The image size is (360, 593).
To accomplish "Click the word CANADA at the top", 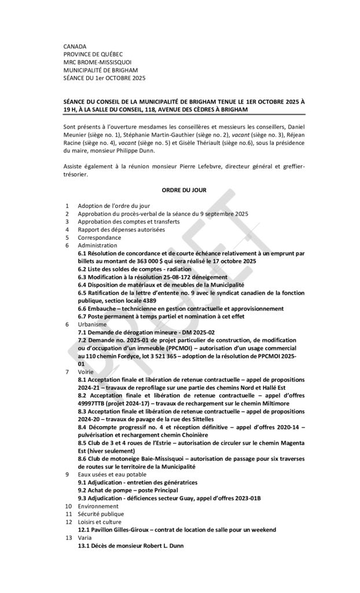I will pyautogui.click(x=75, y=46).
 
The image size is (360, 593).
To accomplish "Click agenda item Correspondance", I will pyautogui.click(x=100, y=237).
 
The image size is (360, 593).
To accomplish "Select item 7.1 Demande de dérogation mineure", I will pyautogui.click(x=146, y=332).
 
